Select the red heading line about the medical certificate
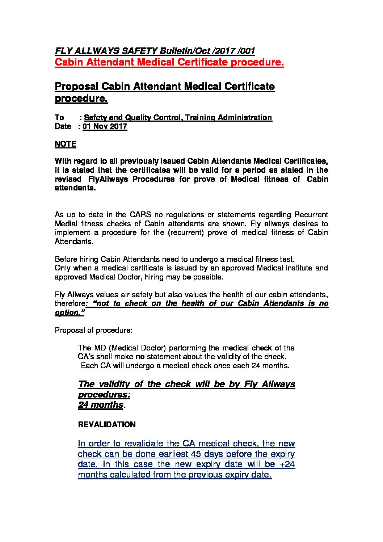tap(169, 62)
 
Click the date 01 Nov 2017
tap(105, 126)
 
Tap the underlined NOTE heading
tap(65, 144)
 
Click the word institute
tap(288, 268)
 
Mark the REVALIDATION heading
tap(107, 425)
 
